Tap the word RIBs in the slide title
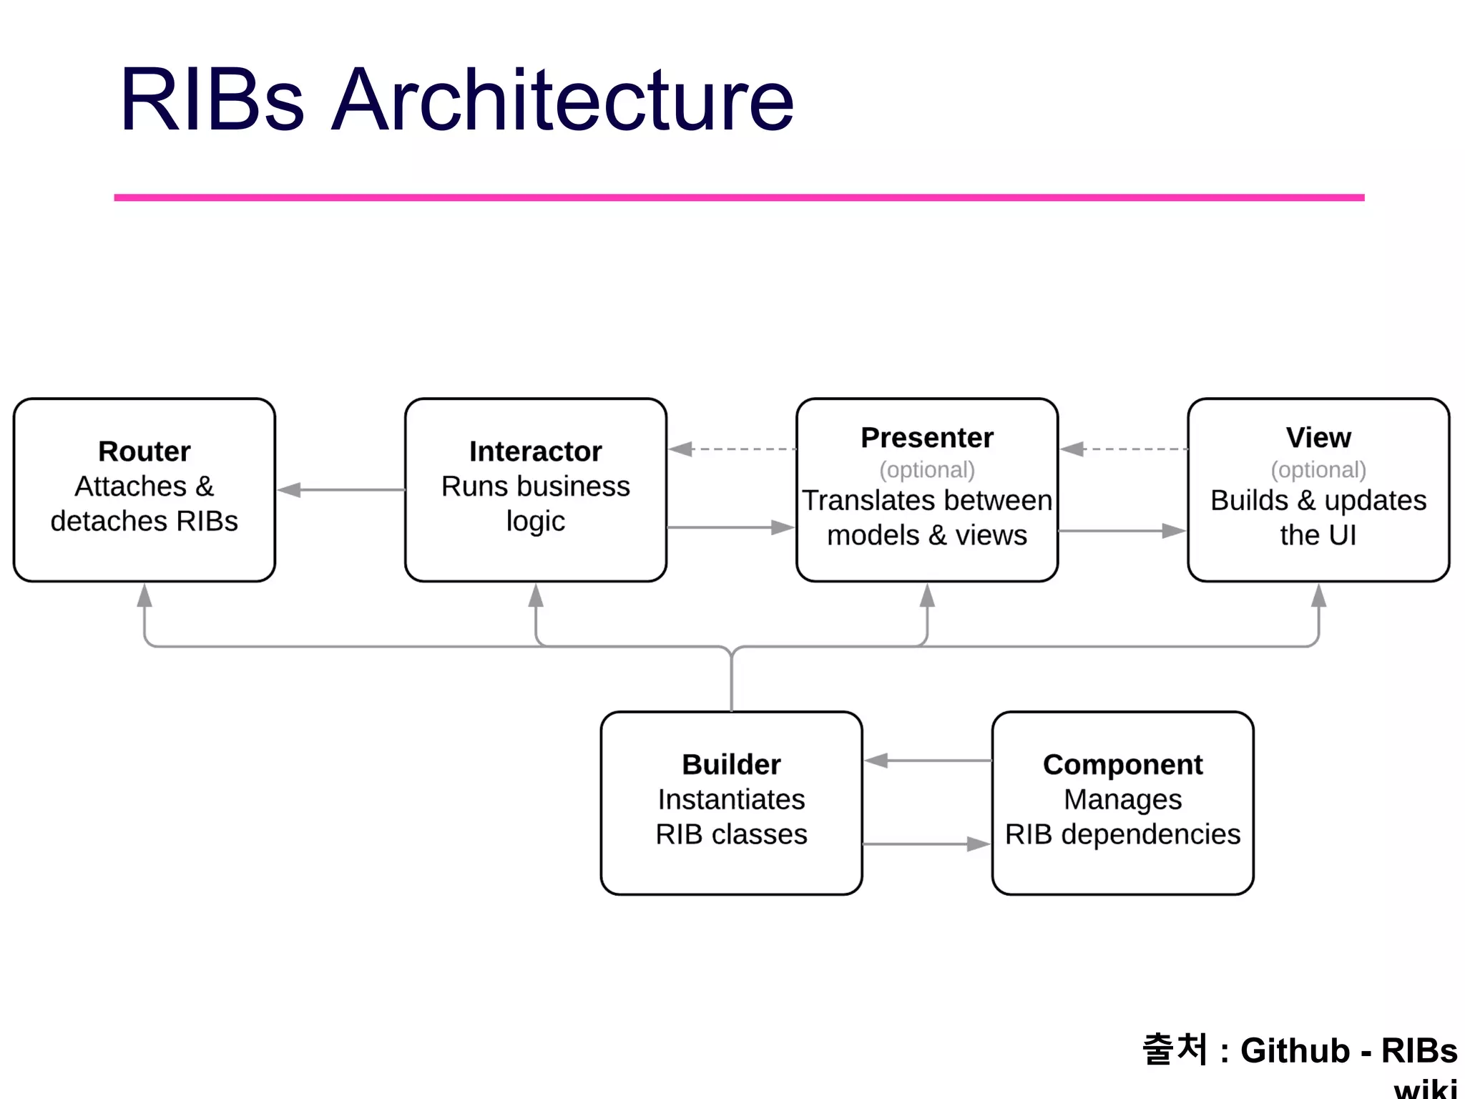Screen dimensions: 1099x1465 (x=212, y=100)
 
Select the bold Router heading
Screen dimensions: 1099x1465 (x=144, y=451)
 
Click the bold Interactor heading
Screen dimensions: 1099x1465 (x=535, y=451)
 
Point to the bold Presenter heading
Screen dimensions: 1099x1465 (x=927, y=437)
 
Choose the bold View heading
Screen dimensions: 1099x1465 (x=1318, y=437)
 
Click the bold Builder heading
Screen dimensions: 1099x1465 (x=731, y=764)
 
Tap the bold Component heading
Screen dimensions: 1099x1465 (x=1122, y=764)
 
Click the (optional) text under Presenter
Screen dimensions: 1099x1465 (x=927, y=469)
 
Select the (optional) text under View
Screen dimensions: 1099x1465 (x=1318, y=469)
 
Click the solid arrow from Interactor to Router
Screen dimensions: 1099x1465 (x=340, y=490)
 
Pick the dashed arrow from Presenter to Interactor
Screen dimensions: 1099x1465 (x=731, y=449)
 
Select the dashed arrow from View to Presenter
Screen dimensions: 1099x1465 (x=1123, y=449)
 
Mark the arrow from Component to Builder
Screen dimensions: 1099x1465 (x=927, y=761)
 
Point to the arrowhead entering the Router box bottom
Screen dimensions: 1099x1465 (x=144, y=595)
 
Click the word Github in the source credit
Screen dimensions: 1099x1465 (x=1295, y=1050)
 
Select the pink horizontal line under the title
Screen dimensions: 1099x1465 (x=739, y=197)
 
